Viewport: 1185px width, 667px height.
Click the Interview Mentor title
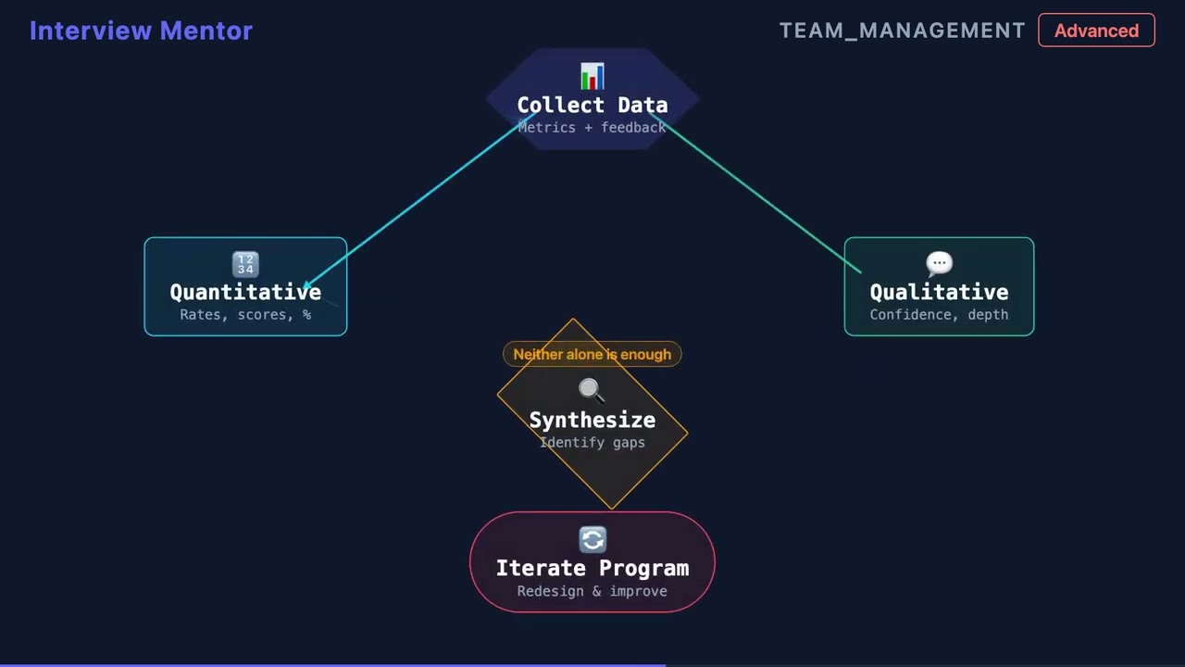[x=141, y=31]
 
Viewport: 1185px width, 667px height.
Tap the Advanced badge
[x=1096, y=31]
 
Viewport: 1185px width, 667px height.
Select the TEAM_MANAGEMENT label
[x=902, y=31]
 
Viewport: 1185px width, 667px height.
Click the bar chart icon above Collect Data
[x=592, y=76]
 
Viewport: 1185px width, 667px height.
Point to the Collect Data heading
[x=592, y=105]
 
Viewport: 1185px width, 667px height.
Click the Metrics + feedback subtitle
[x=592, y=127]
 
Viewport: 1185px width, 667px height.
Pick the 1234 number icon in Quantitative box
[x=245, y=265]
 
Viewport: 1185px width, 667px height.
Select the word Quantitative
[x=245, y=292]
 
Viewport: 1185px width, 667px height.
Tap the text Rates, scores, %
[x=245, y=315]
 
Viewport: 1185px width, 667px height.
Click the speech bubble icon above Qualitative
[x=939, y=265]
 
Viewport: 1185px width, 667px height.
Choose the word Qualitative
[x=939, y=292]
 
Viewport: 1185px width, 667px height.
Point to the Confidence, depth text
[x=939, y=315]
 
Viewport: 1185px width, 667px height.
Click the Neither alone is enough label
[x=592, y=354]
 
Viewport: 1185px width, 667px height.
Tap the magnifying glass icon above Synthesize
[x=592, y=391]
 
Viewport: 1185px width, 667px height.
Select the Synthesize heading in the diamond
[x=592, y=420]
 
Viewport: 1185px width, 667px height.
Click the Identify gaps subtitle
[x=592, y=443]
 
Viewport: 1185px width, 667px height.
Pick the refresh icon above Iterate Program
[x=592, y=540]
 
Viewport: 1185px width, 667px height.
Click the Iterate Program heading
[x=592, y=568]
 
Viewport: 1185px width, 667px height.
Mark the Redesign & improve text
[x=592, y=591]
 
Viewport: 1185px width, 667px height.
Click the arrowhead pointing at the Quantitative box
[x=308, y=285]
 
